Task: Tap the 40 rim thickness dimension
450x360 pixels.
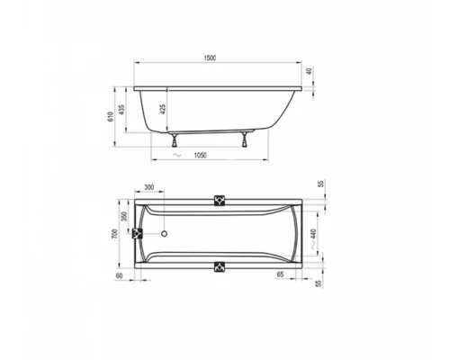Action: coord(311,73)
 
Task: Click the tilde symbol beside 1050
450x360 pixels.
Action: coord(178,156)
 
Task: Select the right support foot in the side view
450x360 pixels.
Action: coord(245,139)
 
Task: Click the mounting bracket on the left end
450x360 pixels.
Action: coord(139,234)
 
